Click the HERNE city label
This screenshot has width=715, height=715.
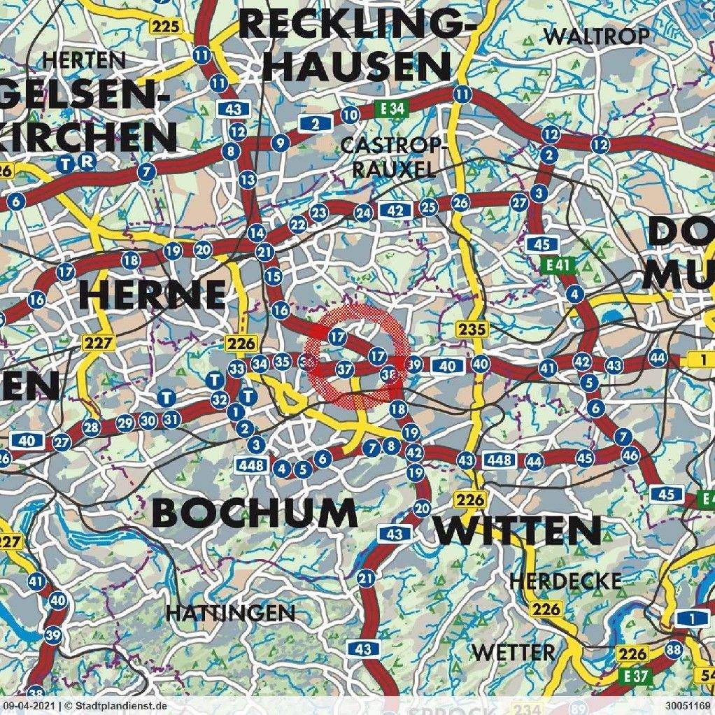(152, 295)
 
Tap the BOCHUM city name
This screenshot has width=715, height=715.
(254, 514)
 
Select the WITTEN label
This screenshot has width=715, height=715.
(518, 531)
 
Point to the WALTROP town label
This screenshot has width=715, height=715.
(596, 36)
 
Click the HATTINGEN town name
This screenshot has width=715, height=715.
(230, 614)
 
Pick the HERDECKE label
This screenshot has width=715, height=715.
(565, 581)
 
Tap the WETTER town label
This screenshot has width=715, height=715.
(514, 652)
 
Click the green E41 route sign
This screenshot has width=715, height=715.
(557, 266)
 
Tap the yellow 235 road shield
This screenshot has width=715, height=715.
(470, 328)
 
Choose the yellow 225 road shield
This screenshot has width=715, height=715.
(166, 27)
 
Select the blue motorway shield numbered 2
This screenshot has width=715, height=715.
(315, 124)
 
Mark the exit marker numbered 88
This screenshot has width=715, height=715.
(674, 649)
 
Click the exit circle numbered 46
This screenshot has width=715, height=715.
(630, 455)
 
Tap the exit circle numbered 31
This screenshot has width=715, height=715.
(171, 420)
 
